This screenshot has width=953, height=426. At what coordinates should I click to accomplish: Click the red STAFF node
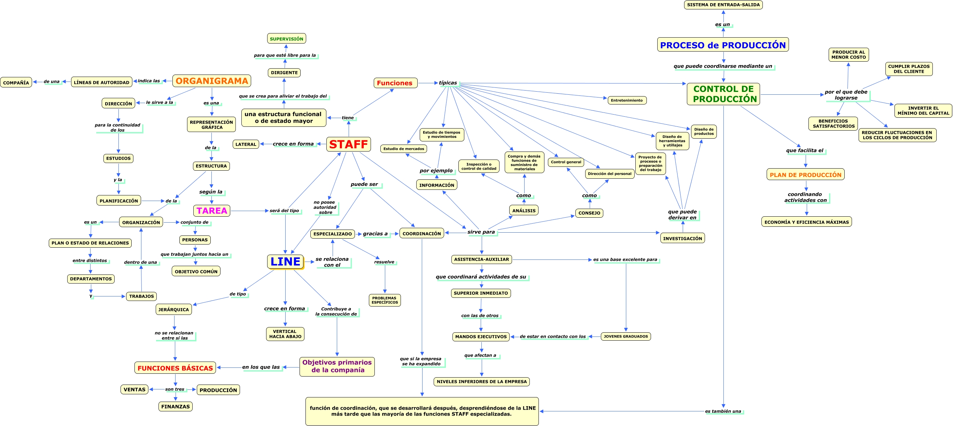click(x=348, y=144)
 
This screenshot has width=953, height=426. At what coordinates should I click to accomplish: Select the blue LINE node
click(x=285, y=261)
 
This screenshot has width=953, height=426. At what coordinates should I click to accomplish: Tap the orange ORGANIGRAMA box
click(x=212, y=81)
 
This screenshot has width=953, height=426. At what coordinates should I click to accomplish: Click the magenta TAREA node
click(x=212, y=211)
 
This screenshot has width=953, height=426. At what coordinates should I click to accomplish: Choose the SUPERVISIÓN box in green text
click(x=286, y=39)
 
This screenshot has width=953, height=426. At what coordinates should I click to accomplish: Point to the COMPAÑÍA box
click(x=16, y=83)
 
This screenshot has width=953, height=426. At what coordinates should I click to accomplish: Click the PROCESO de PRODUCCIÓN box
click(x=722, y=45)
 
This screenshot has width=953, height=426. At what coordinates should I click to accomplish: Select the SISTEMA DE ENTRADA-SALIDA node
click(x=723, y=5)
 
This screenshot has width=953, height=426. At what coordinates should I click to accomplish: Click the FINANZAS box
click(x=175, y=406)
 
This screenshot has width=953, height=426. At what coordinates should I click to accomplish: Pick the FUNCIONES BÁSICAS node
click(x=175, y=368)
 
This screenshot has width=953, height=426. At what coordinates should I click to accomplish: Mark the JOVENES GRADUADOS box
click(x=626, y=336)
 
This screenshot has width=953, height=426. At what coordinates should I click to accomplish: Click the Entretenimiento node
click(x=627, y=100)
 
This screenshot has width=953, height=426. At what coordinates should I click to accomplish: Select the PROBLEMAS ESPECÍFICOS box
click(x=385, y=300)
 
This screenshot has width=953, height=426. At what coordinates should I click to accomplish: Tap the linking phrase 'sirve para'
click(x=481, y=232)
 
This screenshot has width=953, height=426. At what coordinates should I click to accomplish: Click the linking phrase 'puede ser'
click(x=364, y=184)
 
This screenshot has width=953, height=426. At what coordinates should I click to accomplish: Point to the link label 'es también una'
click(x=723, y=411)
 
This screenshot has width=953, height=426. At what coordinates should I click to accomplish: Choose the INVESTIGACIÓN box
click(x=682, y=238)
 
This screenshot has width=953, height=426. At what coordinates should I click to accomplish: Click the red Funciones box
click(x=395, y=83)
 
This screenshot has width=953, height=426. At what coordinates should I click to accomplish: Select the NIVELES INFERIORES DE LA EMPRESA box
click(x=481, y=381)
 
